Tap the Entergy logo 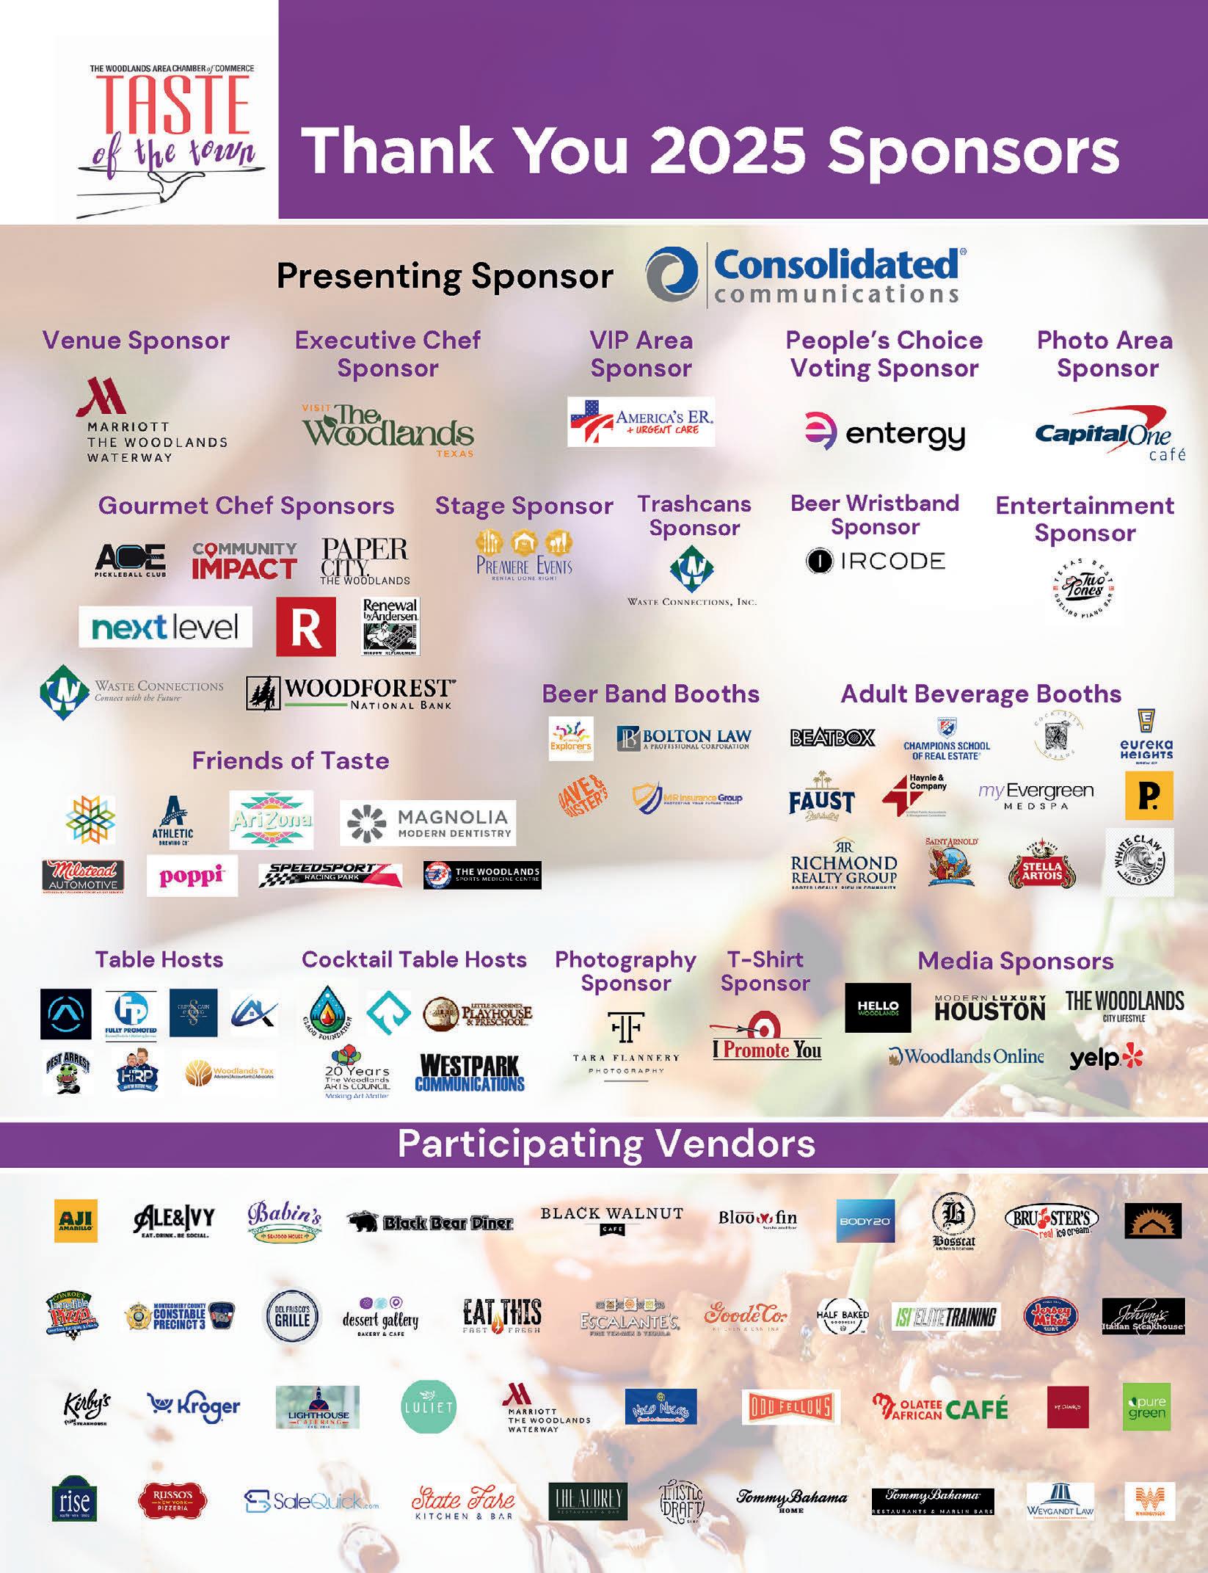(884, 433)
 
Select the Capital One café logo (1108, 437)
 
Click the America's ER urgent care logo (641, 421)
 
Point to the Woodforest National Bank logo (350, 693)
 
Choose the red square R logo (306, 626)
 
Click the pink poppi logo (192, 876)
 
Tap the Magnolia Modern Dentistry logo (428, 823)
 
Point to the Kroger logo (194, 1406)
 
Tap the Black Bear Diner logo (430, 1222)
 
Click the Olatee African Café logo (941, 1407)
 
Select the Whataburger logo (1149, 1502)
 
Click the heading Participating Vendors (606, 1144)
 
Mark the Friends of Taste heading (290, 760)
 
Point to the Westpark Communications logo (470, 1073)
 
